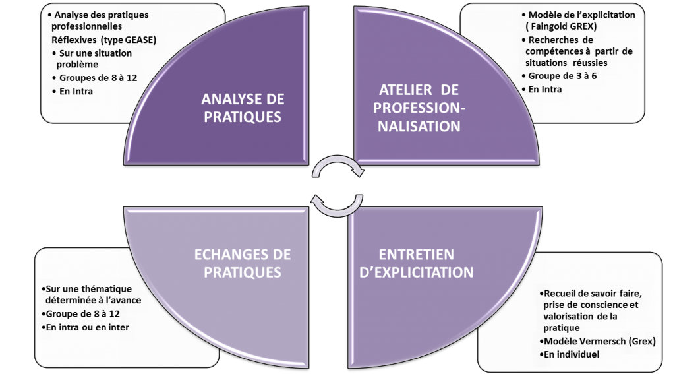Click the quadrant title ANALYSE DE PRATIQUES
[x=243, y=108]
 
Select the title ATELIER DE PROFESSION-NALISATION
[x=419, y=108]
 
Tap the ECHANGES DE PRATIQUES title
[x=242, y=263]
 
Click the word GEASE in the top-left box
[x=141, y=40]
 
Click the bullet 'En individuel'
[x=572, y=354]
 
